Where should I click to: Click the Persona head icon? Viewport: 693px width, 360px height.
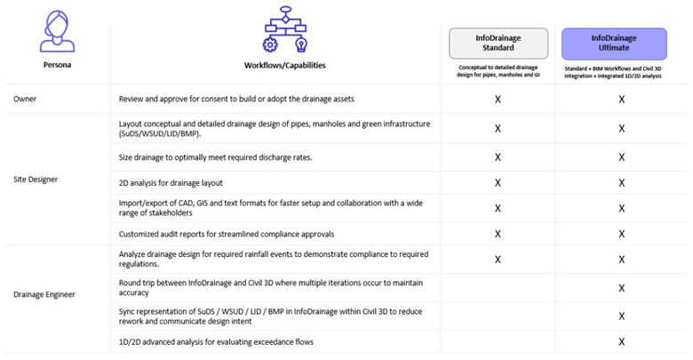pyautogui.click(x=58, y=32)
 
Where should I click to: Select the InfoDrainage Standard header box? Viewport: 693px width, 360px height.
pyautogui.click(x=498, y=43)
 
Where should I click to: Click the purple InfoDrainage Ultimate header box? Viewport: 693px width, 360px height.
pyautogui.click(x=614, y=43)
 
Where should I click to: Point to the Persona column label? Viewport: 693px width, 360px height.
pyautogui.click(x=58, y=65)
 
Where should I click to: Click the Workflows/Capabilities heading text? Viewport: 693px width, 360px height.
pyautogui.click(x=284, y=65)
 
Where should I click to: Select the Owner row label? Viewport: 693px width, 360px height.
pyautogui.click(x=25, y=98)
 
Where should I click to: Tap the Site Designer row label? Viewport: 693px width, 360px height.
pyautogui.click(x=36, y=179)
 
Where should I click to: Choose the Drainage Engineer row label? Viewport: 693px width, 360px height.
pyautogui.click(x=44, y=292)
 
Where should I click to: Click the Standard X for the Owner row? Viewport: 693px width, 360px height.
pyautogui.click(x=498, y=99)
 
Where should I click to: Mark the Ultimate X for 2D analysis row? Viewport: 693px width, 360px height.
pyautogui.click(x=621, y=183)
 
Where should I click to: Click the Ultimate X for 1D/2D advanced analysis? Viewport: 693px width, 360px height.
pyautogui.click(x=621, y=341)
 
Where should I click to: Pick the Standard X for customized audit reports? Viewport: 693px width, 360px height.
pyautogui.click(x=498, y=234)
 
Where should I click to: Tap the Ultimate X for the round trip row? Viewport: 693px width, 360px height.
pyautogui.click(x=621, y=287)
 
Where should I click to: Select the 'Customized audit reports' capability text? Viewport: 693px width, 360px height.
pyautogui.click(x=226, y=234)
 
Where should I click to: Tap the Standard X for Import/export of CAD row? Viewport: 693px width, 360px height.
pyautogui.click(x=498, y=209)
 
